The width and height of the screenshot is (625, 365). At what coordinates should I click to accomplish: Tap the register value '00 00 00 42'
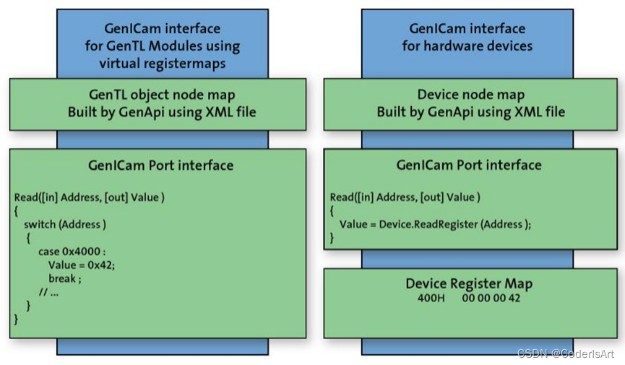coord(491,298)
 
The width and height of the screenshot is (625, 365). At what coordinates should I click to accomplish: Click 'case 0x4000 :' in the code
coord(72,252)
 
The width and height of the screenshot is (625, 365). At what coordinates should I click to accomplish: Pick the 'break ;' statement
coord(66,278)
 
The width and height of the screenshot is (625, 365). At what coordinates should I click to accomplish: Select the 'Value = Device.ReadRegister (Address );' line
coord(435,224)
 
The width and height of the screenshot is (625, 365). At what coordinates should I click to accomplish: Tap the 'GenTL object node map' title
coord(161,95)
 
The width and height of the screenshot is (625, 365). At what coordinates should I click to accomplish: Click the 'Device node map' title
coord(470,95)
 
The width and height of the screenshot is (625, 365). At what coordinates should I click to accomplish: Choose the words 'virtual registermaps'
coord(161,62)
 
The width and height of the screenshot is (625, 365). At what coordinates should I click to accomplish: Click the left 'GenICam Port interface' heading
coord(161,166)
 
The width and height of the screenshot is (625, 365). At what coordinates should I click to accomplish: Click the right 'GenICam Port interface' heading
coord(469,166)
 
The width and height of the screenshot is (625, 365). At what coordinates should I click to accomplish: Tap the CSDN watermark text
coord(565,353)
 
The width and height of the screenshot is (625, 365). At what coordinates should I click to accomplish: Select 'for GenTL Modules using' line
coord(161,46)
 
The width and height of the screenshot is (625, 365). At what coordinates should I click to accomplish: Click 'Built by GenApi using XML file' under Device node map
coord(470,112)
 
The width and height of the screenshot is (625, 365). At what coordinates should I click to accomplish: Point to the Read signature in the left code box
coord(89,197)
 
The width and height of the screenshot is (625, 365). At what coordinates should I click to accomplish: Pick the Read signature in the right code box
coord(405,197)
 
